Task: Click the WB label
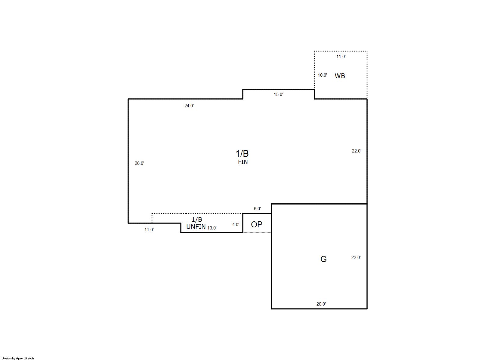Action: (340, 76)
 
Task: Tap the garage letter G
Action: (323, 259)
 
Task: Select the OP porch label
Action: (256, 224)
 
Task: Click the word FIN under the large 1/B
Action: (243, 162)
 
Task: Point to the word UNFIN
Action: (196, 227)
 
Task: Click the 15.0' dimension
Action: (278, 94)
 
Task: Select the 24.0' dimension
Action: (189, 106)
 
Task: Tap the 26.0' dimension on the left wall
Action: (139, 163)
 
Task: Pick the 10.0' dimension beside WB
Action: (323, 75)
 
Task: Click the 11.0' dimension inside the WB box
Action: (341, 57)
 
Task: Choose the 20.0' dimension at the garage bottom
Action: (321, 304)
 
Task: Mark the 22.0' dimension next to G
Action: (356, 257)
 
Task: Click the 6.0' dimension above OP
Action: (257, 209)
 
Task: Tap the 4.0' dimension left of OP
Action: (236, 225)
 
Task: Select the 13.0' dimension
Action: (212, 228)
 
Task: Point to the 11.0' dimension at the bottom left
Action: (149, 230)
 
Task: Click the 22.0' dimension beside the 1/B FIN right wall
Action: (357, 151)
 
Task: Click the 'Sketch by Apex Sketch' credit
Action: (18, 358)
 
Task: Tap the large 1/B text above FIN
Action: (242, 154)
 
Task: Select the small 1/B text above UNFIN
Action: (197, 219)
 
